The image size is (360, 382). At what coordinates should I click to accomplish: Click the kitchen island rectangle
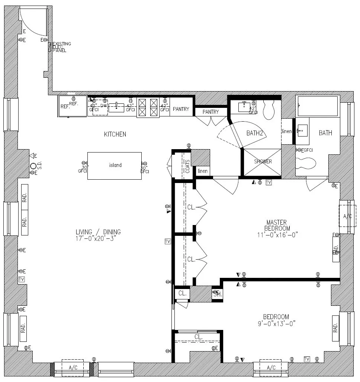(x=115, y=166)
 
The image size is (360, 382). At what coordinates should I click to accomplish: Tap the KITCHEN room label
(x=115, y=134)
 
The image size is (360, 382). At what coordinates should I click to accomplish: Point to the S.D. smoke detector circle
(x=33, y=166)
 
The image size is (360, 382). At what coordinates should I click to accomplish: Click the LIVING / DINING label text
(x=98, y=232)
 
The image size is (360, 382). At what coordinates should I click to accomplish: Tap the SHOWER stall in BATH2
(x=263, y=162)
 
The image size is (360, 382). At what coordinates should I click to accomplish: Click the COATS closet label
(x=187, y=166)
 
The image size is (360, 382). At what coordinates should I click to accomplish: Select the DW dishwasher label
(x=103, y=106)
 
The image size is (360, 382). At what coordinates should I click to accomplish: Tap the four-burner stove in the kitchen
(x=148, y=107)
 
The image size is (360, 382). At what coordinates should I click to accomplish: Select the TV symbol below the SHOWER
(x=269, y=182)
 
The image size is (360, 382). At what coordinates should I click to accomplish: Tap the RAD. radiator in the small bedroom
(x=335, y=328)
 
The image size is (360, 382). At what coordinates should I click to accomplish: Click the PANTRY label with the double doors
(x=211, y=112)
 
